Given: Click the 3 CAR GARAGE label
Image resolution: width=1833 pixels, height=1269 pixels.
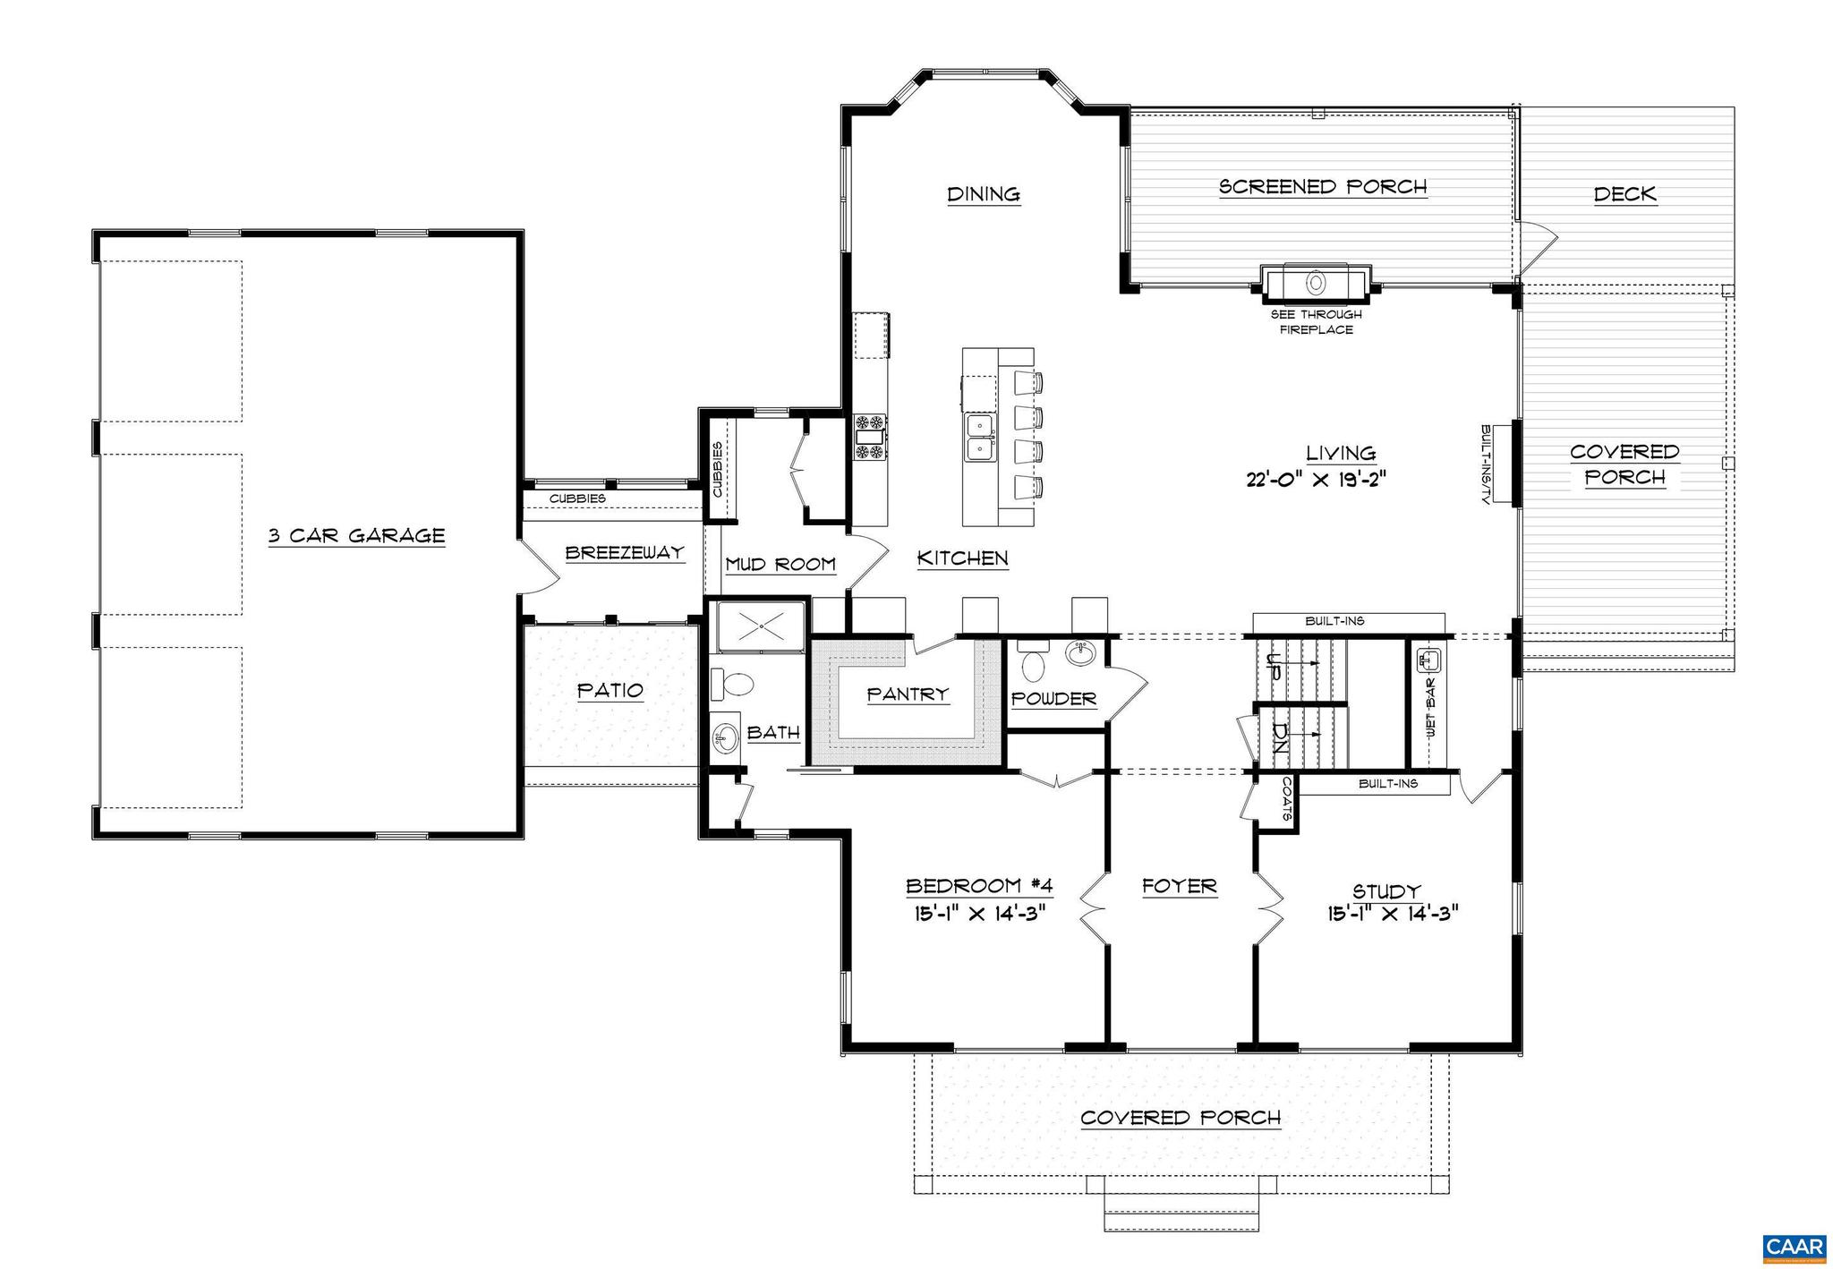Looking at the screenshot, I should (x=356, y=536).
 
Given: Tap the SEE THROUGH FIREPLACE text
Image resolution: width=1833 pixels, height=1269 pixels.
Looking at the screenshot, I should (x=1316, y=322).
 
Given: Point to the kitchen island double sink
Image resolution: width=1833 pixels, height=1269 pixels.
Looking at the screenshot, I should (x=981, y=439).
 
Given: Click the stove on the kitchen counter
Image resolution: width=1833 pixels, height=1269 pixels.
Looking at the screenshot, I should (x=868, y=438).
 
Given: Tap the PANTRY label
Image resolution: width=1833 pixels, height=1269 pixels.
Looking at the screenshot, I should (x=908, y=694).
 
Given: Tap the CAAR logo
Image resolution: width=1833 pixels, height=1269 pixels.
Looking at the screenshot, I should (x=1794, y=1248).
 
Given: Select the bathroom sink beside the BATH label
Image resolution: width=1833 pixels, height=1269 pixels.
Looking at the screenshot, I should (x=725, y=738).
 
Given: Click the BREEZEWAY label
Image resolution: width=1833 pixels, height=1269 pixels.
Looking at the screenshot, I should (x=624, y=553).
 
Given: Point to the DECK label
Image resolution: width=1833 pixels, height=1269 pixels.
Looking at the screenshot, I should (x=1624, y=194).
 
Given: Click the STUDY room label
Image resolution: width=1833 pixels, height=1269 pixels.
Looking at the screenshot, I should (x=1385, y=891).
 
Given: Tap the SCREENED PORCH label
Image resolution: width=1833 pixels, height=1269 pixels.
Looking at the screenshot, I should (x=1323, y=187).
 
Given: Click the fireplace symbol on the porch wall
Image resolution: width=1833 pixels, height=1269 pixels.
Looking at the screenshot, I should (x=1316, y=282).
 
